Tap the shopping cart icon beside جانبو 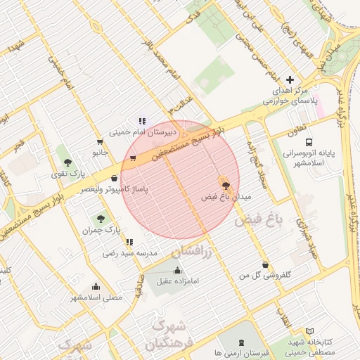(x=99, y=142)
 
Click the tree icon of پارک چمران (x=101, y=219)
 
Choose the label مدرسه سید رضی (x=129, y=252)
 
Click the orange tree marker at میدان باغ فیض (x=226, y=185)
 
